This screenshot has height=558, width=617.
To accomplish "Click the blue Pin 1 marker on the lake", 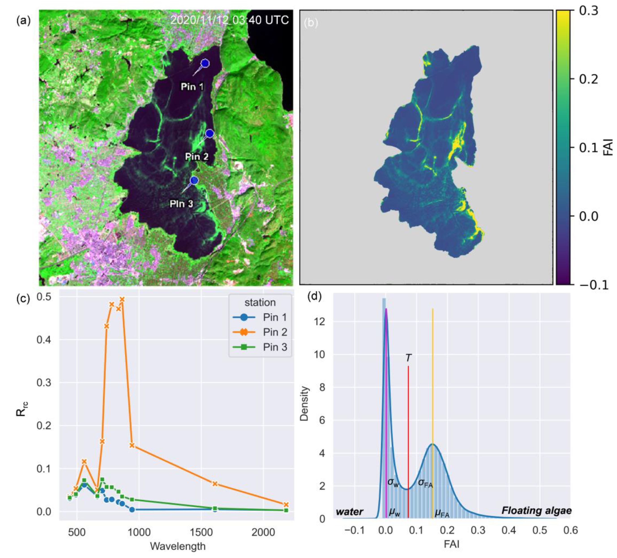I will pos(205,63).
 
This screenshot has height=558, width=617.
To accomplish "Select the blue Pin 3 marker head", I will pos(194,180).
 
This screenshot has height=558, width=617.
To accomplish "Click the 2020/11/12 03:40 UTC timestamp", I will pos(229,20).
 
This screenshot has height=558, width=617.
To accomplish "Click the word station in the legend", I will pos(260,303).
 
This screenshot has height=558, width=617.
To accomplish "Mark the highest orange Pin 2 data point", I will pos(122,299).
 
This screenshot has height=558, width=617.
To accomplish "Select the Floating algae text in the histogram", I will pos(536,511).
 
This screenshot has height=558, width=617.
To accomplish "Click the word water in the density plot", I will pos(350,511).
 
